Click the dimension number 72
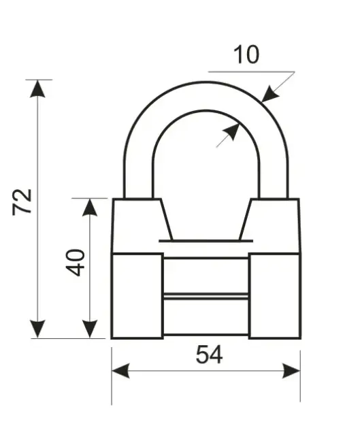tap(22, 202)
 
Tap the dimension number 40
tap(75, 262)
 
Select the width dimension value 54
tap(209, 355)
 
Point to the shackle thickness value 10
tap(246, 54)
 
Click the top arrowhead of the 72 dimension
tap(37, 88)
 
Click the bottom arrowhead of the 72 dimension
tap(37, 329)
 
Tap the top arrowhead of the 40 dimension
tap(90, 208)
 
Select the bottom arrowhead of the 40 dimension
tap(90, 329)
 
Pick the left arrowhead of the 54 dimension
tap(120, 371)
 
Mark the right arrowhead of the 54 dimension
tap(291, 371)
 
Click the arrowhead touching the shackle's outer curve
tap(269, 94)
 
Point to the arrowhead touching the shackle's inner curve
tap(231, 132)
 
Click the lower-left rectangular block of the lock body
tap(137, 295)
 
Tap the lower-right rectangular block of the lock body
tap(275, 295)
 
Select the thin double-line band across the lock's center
tap(206, 296)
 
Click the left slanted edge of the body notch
tap(167, 220)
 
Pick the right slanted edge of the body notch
tap(245, 220)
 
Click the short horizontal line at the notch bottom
tap(206, 241)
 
